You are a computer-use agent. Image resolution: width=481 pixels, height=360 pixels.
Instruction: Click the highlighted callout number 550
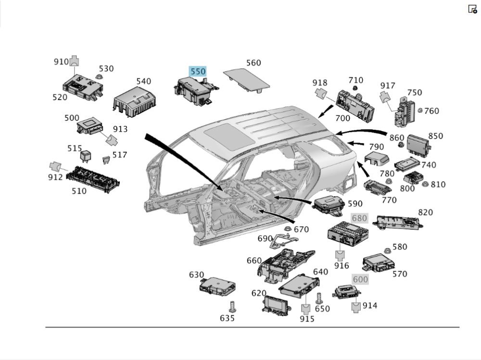coord(198,72)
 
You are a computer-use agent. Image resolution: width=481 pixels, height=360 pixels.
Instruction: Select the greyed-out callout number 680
coord(359,218)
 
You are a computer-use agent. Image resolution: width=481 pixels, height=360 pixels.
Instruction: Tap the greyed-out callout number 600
coord(360,279)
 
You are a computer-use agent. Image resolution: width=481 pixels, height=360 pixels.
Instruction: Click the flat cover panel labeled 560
coord(247,78)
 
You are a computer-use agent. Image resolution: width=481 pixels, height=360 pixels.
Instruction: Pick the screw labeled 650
coord(318,298)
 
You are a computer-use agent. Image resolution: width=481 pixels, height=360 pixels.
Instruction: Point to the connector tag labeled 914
coord(356,307)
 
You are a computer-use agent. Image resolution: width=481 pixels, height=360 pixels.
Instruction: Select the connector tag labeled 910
coord(74,62)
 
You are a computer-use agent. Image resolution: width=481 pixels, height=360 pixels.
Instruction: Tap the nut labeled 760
coord(420,111)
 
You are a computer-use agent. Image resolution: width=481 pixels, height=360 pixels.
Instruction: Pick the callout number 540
coord(143,81)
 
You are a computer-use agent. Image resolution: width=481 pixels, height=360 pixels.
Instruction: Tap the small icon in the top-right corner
coord(472,9)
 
